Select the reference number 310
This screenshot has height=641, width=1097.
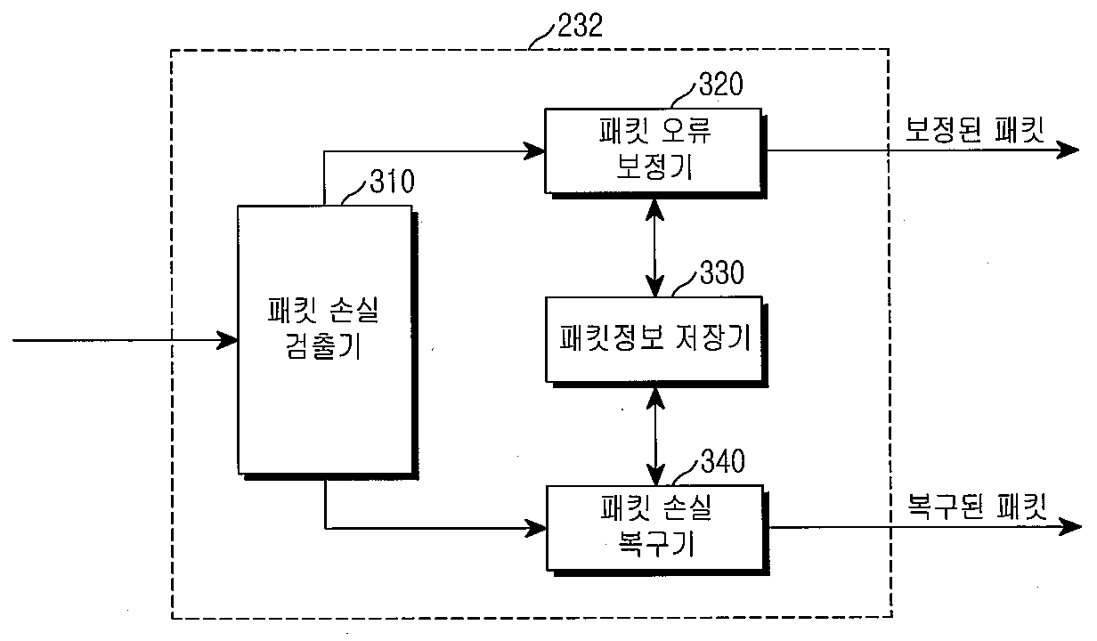pos(391,184)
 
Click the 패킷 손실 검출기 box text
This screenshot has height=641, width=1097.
pos(325,328)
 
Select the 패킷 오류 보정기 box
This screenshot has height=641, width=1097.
pos(654,150)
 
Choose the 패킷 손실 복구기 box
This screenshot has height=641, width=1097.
pos(654,527)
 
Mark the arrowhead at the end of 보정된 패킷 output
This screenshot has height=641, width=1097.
pos(1069,150)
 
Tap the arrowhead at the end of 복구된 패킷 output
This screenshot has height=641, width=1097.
pos(1069,527)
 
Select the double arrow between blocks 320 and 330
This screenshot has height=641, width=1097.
pos(655,246)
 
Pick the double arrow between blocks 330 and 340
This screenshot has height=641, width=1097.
pos(655,434)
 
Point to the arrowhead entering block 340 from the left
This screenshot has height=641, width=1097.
pos(536,528)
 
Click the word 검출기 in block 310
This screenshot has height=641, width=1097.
pos(325,347)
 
